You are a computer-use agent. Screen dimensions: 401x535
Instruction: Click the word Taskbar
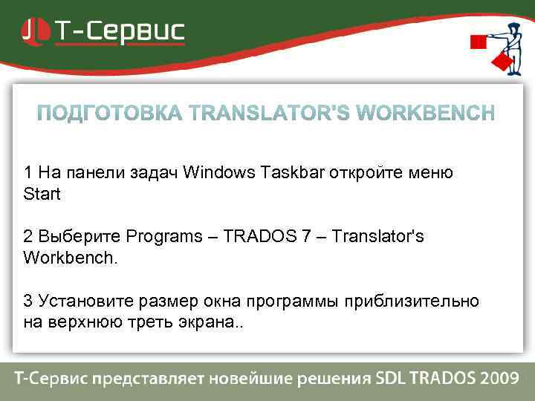(285, 173)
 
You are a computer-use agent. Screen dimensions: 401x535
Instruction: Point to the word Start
(42, 195)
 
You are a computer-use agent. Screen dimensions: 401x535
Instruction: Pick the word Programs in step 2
(163, 237)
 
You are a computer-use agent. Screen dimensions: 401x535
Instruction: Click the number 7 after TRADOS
(311, 237)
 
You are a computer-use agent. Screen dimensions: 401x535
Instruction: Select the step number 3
(27, 301)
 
